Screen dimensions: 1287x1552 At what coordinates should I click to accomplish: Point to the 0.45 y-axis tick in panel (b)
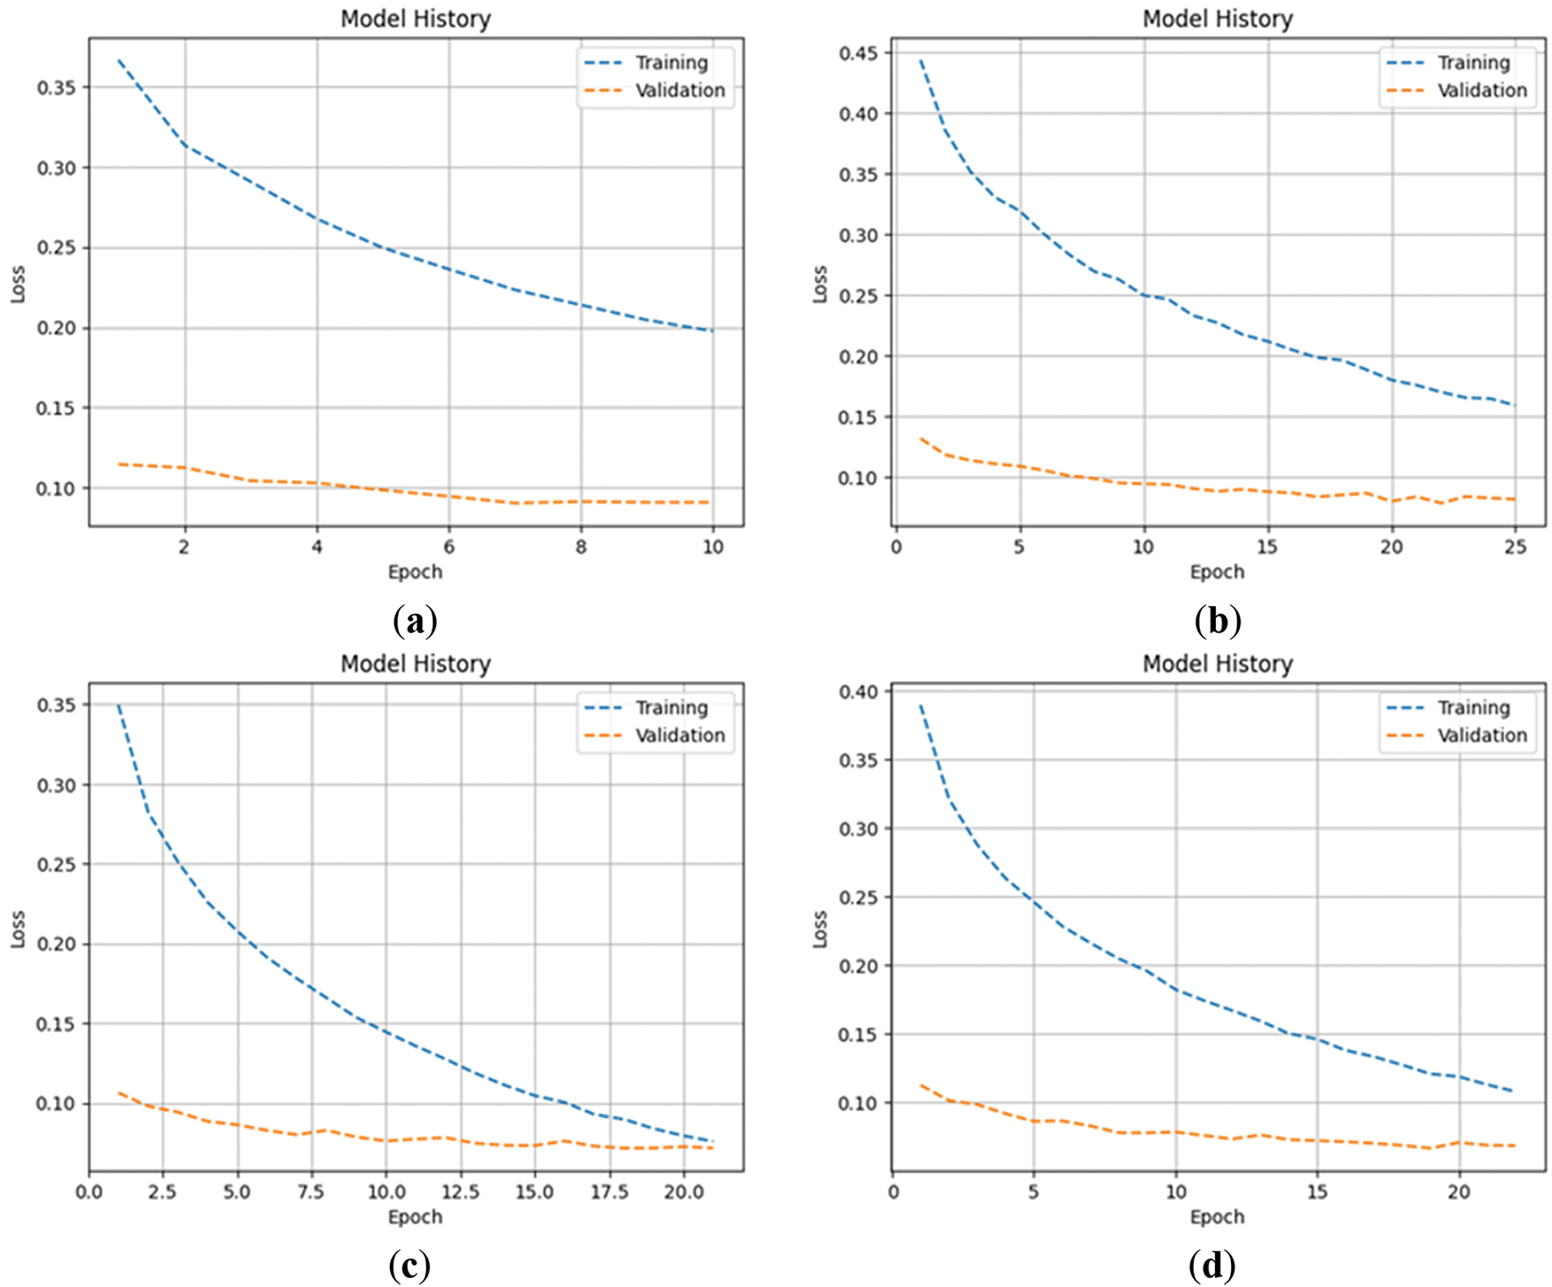pyautogui.click(x=859, y=53)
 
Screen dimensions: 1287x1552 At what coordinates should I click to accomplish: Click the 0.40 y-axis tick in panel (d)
pyautogui.click(x=859, y=692)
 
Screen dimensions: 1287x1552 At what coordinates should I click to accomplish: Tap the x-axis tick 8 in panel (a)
pyautogui.click(x=581, y=547)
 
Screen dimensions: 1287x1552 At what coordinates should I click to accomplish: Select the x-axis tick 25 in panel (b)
pyautogui.click(x=1515, y=547)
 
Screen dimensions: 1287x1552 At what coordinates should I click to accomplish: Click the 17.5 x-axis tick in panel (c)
pyautogui.click(x=609, y=1191)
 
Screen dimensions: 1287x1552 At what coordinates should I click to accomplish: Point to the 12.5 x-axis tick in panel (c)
pyautogui.click(x=460, y=1191)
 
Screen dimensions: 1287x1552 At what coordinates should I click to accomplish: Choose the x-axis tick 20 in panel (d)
pyautogui.click(x=1459, y=1191)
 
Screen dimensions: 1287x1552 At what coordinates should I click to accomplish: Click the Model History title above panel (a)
pyautogui.click(x=416, y=19)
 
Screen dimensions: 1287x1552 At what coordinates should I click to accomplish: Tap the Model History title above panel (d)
pyautogui.click(x=1218, y=663)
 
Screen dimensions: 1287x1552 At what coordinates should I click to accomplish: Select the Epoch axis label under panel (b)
pyautogui.click(x=1217, y=571)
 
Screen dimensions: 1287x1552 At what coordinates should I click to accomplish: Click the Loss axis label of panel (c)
pyautogui.click(x=18, y=929)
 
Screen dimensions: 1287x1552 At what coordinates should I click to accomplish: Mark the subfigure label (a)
pyautogui.click(x=414, y=622)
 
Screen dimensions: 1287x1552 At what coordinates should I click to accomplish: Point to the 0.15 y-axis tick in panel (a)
pyautogui.click(x=57, y=408)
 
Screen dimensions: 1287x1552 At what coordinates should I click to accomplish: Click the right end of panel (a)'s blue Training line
pyautogui.click(x=712, y=331)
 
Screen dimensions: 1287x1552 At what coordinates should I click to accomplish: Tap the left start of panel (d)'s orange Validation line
pyautogui.click(x=921, y=1084)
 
